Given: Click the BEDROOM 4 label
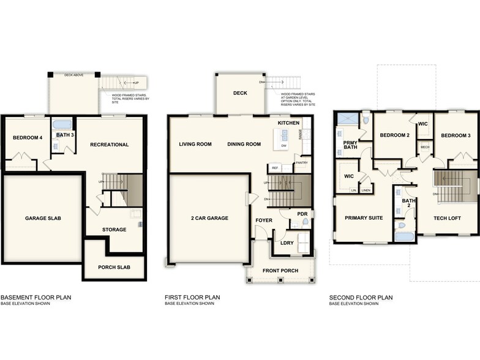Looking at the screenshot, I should (28, 138).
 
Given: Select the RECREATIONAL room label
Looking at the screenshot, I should (109, 144).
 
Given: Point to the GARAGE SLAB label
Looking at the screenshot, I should (43, 218).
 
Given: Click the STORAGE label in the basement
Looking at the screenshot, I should (114, 230).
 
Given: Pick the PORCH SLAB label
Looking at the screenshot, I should (113, 268).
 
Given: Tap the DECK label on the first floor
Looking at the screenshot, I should (239, 93).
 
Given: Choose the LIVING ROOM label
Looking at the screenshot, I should (195, 144).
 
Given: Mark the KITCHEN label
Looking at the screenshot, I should (288, 123).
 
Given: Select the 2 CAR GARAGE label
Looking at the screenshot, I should (209, 218).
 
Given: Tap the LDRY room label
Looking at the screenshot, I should (287, 243).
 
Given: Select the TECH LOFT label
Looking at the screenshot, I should (448, 218).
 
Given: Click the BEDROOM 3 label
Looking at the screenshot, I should (456, 135).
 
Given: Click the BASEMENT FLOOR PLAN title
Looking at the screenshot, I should (36, 298).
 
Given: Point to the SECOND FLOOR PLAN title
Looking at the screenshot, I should (361, 298).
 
